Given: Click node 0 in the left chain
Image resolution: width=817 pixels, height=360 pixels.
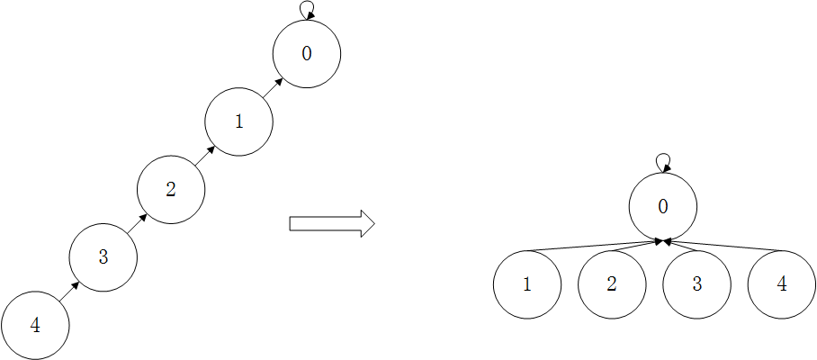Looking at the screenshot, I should (x=306, y=54).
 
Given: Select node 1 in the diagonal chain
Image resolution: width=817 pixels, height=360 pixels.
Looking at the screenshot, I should (x=238, y=121).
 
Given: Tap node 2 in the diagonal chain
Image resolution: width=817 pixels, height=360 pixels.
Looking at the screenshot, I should (x=171, y=189).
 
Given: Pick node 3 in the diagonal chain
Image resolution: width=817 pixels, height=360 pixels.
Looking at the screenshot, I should (x=103, y=257).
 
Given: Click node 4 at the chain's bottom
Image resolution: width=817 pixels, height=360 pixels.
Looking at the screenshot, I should (x=35, y=325).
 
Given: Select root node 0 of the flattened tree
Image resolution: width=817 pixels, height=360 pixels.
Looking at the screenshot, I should (x=663, y=206).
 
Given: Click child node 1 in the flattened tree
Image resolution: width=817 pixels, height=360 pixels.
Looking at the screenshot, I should (x=527, y=284).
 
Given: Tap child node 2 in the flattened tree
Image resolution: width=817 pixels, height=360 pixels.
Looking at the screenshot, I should (x=612, y=284).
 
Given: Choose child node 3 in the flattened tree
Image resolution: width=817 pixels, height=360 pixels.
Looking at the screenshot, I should (x=696, y=284).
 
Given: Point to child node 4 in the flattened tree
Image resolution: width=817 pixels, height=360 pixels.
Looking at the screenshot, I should (x=781, y=284).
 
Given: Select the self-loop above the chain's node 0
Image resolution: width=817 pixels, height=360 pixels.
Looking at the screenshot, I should (x=307, y=9).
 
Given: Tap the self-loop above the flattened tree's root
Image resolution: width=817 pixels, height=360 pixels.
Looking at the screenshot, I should (x=663, y=162).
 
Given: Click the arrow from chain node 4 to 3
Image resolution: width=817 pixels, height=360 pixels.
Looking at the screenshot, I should (x=69, y=291).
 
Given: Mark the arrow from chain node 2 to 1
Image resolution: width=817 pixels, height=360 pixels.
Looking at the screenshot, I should (x=205, y=155).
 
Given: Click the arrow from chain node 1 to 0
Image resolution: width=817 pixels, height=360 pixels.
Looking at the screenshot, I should (x=273, y=87).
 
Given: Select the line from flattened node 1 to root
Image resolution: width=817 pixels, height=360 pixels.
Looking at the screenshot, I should (x=594, y=246).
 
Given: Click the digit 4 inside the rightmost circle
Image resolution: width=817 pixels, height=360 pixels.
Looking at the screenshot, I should (x=781, y=284).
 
